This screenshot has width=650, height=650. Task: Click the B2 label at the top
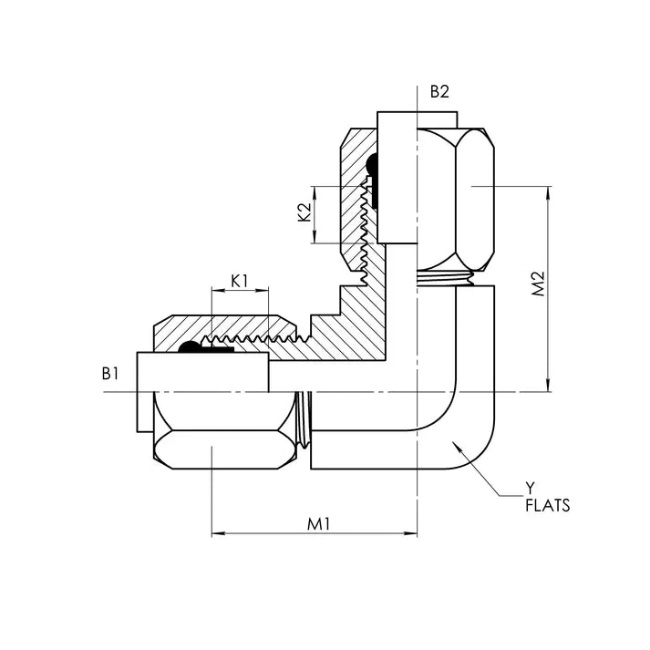point(440,91)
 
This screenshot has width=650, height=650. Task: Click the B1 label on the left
point(110,373)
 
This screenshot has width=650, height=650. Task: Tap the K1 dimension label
point(239,280)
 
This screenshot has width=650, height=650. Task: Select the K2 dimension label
point(304,213)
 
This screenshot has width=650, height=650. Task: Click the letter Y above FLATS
point(531,487)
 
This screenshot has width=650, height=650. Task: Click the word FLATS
point(547,505)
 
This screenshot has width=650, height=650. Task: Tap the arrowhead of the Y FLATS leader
point(452,441)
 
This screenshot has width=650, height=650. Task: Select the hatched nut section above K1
point(228,325)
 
